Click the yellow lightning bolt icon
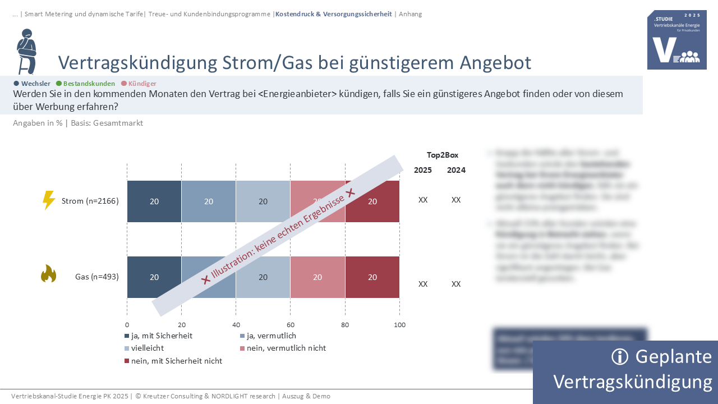pyautogui.click(x=49, y=200)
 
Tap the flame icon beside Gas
pyautogui.click(x=49, y=274)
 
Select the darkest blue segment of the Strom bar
pyautogui.click(x=154, y=201)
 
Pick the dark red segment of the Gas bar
pyautogui.click(x=372, y=277)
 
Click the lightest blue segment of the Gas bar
pyautogui.click(x=263, y=277)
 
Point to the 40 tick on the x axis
pyautogui.click(x=236, y=325)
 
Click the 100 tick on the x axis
pyautogui.click(x=399, y=325)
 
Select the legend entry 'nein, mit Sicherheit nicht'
pyautogui.click(x=176, y=361)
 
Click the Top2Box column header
pyautogui.click(x=443, y=155)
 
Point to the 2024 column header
pyautogui.click(x=456, y=170)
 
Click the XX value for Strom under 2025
pyautogui.click(x=423, y=200)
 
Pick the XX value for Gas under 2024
pyautogui.click(x=456, y=284)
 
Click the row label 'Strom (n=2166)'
pyautogui.click(x=90, y=201)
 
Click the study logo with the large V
pyautogui.click(x=676, y=40)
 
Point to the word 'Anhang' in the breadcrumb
pyautogui.click(x=410, y=14)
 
